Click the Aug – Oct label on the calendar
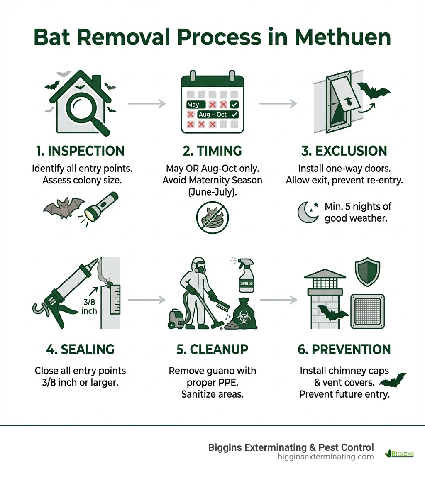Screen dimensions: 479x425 pyautogui.click(x=213, y=114)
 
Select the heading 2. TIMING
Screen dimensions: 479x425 pyautogui.click(x=212, y=151)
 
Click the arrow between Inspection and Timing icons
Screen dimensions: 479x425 pyautogui.click(x=147, y=104)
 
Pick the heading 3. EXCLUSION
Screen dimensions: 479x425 pyautogui.click(x=344, y=151)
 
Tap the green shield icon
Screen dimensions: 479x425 pyautogui.click(x=367, y=272)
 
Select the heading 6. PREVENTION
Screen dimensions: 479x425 pyautogui.click(x=344, y=349)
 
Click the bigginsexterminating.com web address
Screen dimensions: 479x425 pyautogui.click(x=325, y=457)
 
